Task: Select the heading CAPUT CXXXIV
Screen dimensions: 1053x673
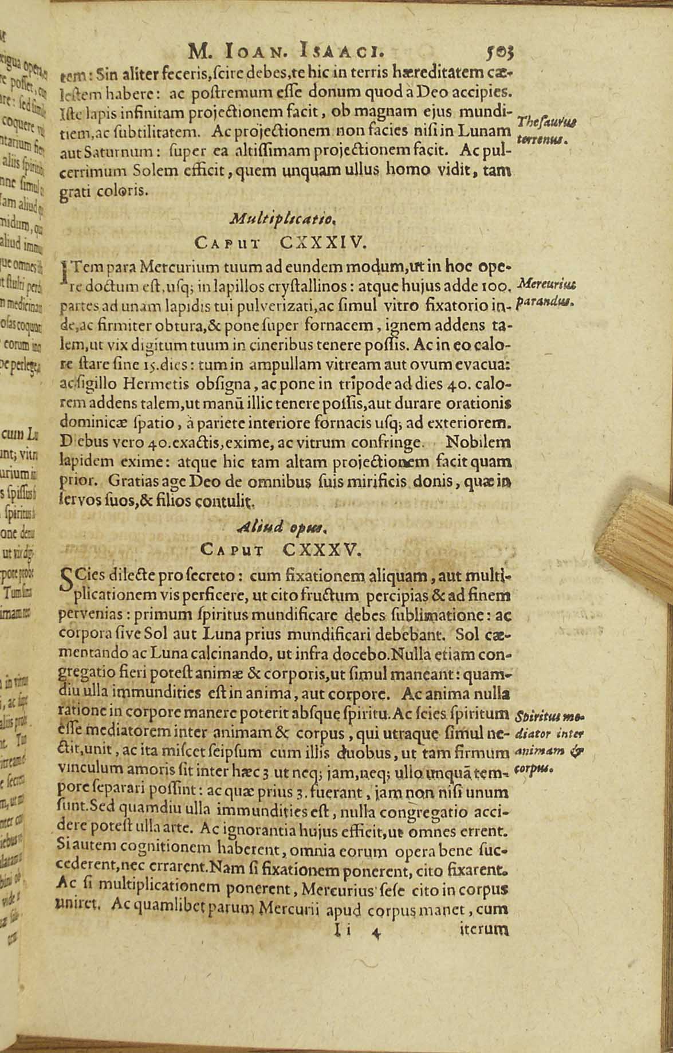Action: click(280, 243)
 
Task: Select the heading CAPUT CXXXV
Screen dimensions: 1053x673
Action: click(281, 549)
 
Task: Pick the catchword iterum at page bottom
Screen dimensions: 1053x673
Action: click(484, 930)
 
